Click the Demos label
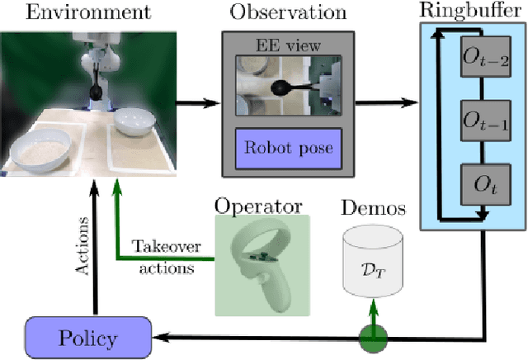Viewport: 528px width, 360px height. pyautogui.click(x=375, y=208)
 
